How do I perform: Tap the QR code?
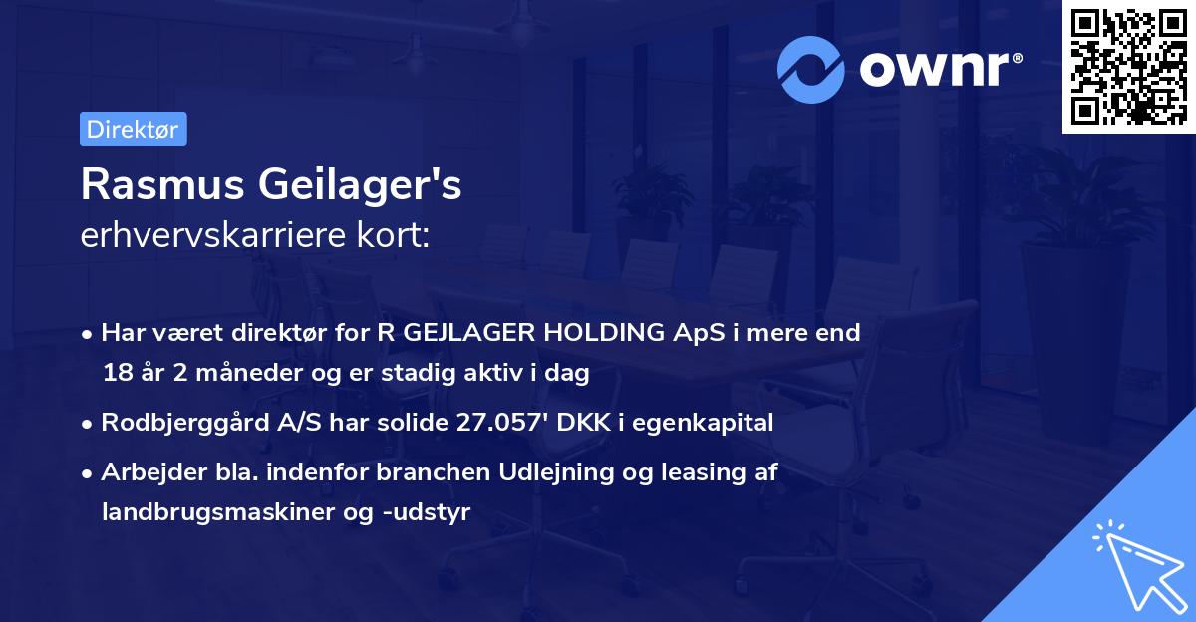point(1128,66)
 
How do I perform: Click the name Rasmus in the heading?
point(159,185)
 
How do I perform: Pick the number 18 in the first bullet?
point(116,374)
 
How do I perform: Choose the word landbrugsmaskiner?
point(208,512)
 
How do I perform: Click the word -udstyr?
point(431,512)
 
